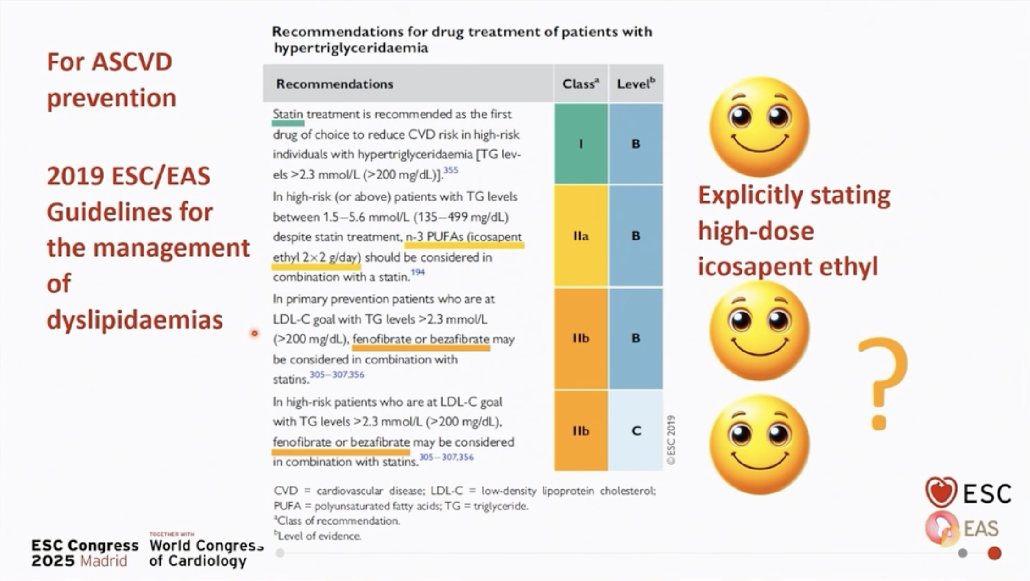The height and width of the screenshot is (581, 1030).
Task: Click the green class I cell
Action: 581,144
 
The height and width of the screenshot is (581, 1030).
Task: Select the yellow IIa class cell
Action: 581,236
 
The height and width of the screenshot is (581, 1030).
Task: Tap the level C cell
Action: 636,430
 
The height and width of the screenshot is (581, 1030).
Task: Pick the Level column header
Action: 636,84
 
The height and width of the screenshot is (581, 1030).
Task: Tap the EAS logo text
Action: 981,529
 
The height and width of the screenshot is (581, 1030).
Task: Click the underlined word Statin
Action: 288,114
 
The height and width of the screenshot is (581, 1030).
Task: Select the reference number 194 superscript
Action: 418,272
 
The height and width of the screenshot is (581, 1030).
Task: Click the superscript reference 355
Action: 451,170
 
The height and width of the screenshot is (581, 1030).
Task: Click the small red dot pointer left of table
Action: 255,333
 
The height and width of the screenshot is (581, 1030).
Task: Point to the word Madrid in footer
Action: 103,561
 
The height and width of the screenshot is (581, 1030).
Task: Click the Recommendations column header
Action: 335,84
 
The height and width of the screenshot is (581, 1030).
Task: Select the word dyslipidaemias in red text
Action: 135,319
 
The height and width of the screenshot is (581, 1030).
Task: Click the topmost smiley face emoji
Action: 759,126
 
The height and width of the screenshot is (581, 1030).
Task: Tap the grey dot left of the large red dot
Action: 963,553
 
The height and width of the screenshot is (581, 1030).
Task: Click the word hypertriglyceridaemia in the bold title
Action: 351,48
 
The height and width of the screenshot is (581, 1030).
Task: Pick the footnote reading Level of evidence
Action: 319,536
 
